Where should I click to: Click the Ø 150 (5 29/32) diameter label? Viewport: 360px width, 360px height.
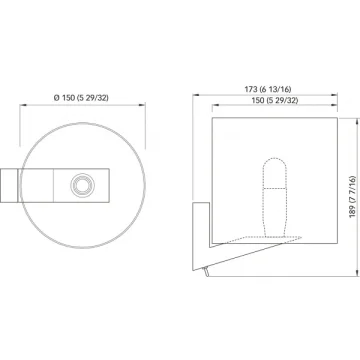point(81,98)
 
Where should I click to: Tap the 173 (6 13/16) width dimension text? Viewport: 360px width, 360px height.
point(268,89)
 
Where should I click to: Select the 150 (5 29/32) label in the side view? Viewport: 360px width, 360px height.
point(275,100)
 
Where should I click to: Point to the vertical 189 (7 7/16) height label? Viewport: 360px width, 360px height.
point(353,197)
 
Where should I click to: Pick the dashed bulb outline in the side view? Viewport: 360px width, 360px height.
point(274,196)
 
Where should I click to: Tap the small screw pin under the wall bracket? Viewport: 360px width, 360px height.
point(207,272)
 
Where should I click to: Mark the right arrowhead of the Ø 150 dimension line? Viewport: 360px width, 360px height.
point(142,105)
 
